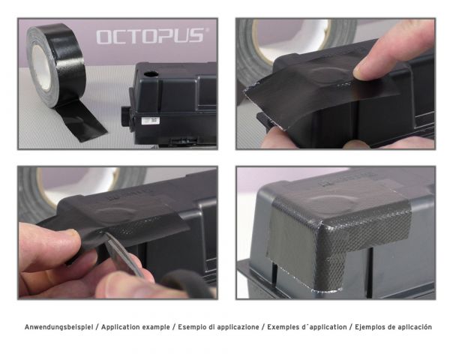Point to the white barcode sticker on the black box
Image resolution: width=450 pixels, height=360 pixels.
[151, 119]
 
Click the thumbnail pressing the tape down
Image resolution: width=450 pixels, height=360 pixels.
[367, 69]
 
